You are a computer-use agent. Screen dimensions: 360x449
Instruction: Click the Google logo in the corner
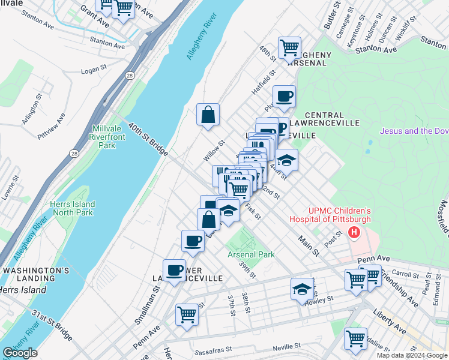[20, 353]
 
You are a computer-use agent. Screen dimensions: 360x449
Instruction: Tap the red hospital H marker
[354, 232]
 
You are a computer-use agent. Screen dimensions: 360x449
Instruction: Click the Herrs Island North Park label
[73, 208]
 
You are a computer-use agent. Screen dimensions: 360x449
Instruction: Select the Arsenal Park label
[251, 254]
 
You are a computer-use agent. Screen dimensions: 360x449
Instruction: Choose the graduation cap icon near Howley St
[302, 289]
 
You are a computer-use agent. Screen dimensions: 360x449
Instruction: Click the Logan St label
[93, 71]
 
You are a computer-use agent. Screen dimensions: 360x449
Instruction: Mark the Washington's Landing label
[36, 275]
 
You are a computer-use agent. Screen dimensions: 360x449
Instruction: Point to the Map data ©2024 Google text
[412, 355]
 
